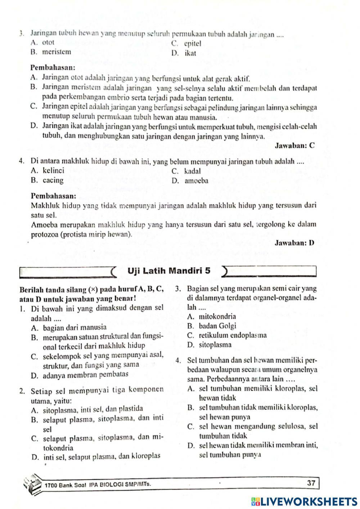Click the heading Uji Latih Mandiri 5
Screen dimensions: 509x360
point(169,271)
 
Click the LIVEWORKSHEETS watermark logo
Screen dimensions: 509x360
point(305,501)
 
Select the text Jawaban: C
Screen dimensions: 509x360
point(294,146)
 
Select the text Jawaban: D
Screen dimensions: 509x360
point(294,243)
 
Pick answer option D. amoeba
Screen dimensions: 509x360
point(190,181)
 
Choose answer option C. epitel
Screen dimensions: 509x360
point(186,44)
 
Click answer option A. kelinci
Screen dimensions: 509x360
point(48,171)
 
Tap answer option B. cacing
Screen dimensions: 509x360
point(47,180)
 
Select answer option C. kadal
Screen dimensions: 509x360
point(186,171)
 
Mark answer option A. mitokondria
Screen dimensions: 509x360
point(212,317)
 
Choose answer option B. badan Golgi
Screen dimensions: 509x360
point(212,326)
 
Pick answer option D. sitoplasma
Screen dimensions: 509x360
point(210,345)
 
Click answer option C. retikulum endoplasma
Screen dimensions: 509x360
point(227,335)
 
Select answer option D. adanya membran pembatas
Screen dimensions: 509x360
point(80,374)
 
